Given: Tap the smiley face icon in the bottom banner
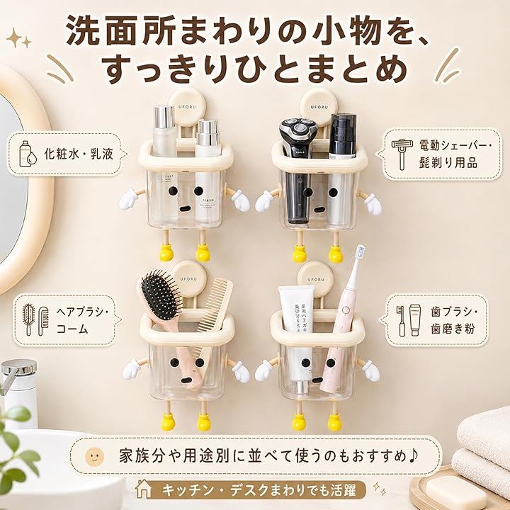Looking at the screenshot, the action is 94,456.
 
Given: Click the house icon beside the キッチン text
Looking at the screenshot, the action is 143,489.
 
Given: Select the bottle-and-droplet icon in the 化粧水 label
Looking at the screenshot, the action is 28,154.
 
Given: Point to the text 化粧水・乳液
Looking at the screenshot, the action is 79,154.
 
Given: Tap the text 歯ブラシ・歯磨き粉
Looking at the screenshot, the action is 455,320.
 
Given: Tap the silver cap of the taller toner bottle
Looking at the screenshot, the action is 164,117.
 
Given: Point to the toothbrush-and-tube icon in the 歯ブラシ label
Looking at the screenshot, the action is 408,320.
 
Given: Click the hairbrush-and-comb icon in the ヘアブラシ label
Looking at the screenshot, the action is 36,319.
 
